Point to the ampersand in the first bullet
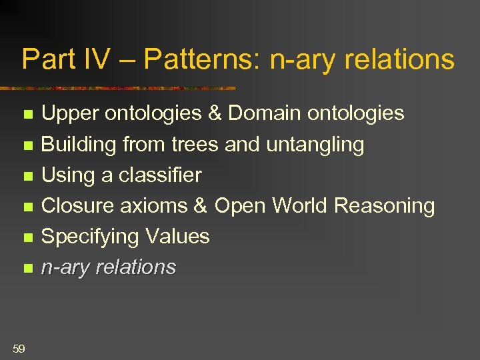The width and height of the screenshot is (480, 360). coord(214,114)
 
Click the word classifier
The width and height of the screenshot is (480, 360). coord(160,175)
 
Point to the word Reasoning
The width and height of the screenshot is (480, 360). coord(385,206)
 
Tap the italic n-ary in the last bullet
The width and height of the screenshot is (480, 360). coord(66,267)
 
